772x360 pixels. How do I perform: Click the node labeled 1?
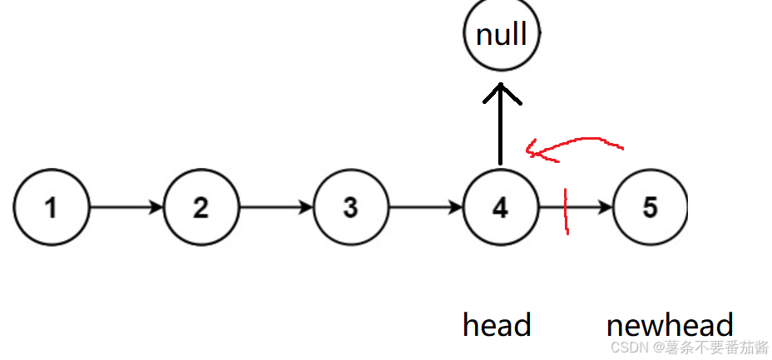52,207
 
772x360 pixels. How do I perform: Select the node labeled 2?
200,207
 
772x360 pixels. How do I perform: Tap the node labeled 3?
350,207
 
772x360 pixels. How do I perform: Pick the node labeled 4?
500,207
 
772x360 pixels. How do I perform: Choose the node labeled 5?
650,207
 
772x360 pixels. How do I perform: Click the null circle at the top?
502,34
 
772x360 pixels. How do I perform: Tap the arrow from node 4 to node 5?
582,207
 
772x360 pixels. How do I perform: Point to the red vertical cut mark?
567,211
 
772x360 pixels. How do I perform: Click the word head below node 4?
497,325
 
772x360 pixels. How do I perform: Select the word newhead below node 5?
670,325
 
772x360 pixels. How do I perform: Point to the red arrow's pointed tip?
529,151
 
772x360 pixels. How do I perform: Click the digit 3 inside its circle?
350,207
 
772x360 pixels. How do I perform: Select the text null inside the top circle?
502,34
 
